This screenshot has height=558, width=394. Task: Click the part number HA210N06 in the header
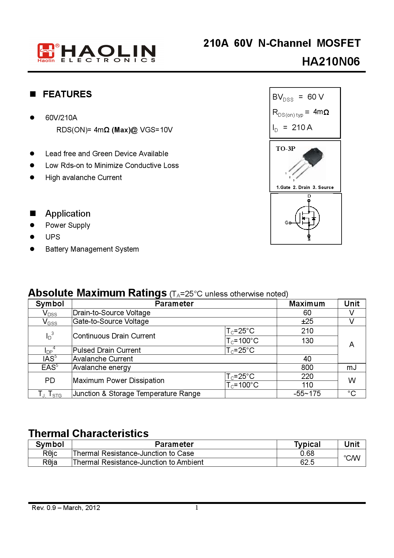point(331,62)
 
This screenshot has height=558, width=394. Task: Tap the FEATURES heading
point(67,94)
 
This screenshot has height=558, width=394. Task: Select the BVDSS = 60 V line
point(298,97)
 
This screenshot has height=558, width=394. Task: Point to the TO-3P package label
point(285,149)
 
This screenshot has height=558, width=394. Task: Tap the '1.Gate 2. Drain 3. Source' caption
point(305,187)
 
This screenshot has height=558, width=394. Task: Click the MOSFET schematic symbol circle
point(307,218)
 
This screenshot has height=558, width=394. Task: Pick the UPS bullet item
point(53,237)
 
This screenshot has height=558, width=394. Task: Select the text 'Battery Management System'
point(92,249)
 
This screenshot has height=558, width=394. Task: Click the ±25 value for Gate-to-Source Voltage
point(307,321)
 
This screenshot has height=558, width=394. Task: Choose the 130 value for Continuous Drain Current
point(307,341)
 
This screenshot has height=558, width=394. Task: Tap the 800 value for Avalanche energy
point(307,367)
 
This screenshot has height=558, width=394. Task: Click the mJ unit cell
point(351,367)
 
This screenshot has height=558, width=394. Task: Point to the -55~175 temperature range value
point(307,394)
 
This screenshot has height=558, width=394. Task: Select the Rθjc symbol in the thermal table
point(50,453)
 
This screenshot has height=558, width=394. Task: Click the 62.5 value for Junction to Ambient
point(307,462)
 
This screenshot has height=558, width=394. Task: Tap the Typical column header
point(307,444)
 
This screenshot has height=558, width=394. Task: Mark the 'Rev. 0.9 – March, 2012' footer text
point(66,508)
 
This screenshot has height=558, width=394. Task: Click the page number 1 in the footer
point(197,507)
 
